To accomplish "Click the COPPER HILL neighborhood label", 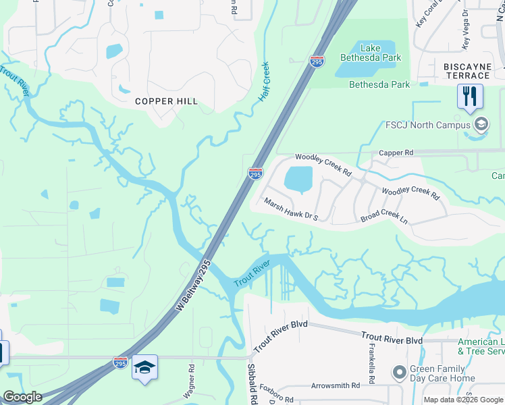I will pyautogui.click(x=166, y=101).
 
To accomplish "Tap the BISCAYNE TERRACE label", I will pyautogui.click(x=467, y=71).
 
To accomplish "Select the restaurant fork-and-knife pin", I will pyautogui.click(x=470, y=96).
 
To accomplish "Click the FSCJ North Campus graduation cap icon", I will pyautogui.click(x=481, y=125).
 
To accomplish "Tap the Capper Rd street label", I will pyautogui.click(x=396, y=153).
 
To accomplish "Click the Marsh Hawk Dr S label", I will pyautogui.click(x=290, y=209).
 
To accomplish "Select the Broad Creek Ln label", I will pyautogui.click(x=384, y=216).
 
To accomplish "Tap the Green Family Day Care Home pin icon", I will pyautogui.click(x=399, y=371).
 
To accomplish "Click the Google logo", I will pyautogui.click(x=22, y=397).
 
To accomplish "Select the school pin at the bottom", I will pyautogui.click(x=144, y=368).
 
